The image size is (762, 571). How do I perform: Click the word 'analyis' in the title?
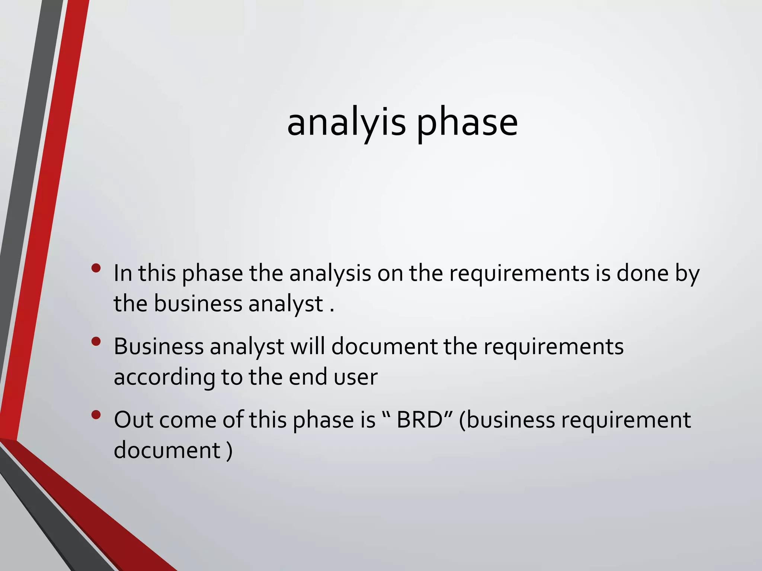(346, 123)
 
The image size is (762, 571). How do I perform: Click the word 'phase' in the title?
(467, 123)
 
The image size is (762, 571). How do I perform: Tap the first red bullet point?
(96, 268)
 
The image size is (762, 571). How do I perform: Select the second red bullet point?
(96, 341)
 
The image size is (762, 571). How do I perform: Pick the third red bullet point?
(96, 414)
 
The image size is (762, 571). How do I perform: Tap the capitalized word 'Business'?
(159, 346)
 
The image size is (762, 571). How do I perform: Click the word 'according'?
(164, 378)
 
